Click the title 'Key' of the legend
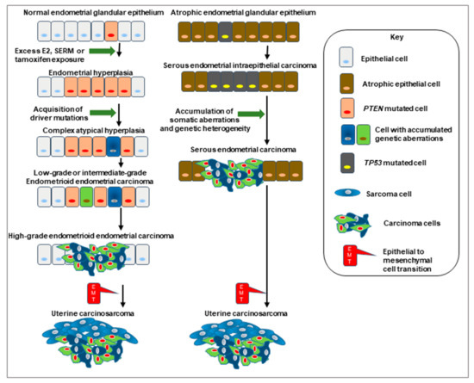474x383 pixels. coord(396,37)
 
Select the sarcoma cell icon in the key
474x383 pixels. coord(347,193)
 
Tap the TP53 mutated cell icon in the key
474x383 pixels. coord(347,163)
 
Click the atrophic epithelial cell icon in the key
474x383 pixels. coord(346,83)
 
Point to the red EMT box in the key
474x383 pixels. coord(350,256)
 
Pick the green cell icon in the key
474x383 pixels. coord(364,134)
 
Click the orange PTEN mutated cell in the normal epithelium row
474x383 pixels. coord(111,31)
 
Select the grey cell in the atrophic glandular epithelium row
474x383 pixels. coord(225,32)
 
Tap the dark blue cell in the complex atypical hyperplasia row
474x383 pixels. coord(113,146)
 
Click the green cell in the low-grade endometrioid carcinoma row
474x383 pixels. coord(86,197)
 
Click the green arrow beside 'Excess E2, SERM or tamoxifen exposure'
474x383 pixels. coord(103,51)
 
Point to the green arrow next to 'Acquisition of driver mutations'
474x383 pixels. coord(103,113)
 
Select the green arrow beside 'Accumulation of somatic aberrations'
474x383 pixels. coord(251,114)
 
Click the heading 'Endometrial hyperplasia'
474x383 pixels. coord(90,73)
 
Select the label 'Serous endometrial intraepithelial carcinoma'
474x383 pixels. coord(240,65)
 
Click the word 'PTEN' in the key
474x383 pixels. coord(373,108)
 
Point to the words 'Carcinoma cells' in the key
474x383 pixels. coord(412,223)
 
